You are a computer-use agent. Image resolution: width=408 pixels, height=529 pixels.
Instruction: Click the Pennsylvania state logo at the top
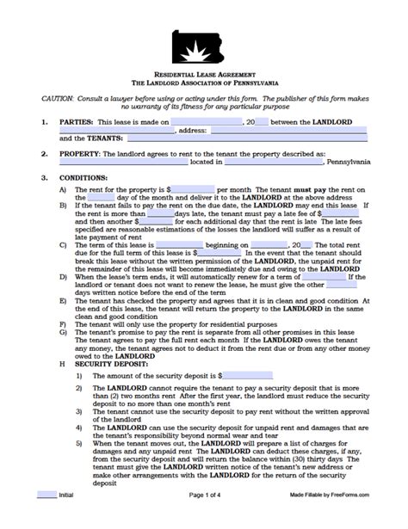tap(205, 46)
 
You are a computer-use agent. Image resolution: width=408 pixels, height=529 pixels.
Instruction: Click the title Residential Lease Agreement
tap(205, 77)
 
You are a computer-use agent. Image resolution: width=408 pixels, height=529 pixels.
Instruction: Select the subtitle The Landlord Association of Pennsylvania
tap(205, 85)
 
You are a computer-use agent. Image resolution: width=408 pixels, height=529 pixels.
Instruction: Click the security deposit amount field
tap(248, 375)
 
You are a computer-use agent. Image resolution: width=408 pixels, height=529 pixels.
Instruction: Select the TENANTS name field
tap(228, 138)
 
